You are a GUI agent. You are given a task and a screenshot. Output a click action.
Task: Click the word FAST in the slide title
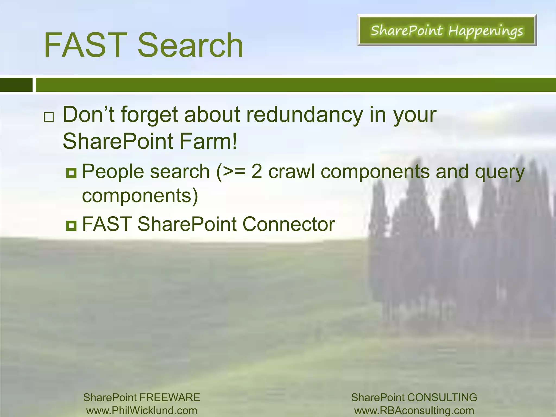(85, 45)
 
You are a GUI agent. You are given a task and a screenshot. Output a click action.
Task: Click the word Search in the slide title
(190, 45)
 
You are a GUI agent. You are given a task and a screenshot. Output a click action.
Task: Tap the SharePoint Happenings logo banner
(447, 30)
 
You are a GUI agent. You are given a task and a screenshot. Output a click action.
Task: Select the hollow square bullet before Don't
(49, 117)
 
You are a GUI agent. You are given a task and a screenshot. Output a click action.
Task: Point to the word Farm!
(208, 141)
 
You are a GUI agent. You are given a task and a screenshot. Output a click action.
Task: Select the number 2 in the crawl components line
(257, 172)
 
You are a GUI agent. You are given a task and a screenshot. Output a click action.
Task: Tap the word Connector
(289, 224)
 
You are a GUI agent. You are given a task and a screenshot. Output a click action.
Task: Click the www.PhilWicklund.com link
(141, 410)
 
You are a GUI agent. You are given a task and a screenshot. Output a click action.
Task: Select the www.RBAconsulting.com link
(414, 410)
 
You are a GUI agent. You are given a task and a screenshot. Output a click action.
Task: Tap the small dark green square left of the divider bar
(16, 85)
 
